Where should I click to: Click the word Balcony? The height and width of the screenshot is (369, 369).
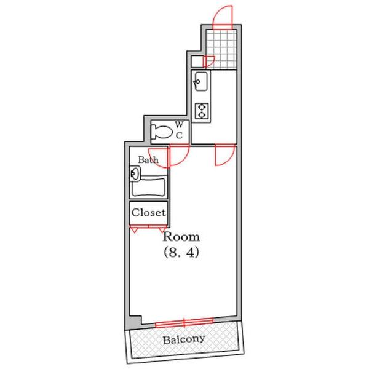(184, 339)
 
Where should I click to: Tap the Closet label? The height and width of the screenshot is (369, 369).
(148, 213)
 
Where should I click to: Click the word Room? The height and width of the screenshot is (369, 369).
(181, 237)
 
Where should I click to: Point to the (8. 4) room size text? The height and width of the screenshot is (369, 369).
(181, 252)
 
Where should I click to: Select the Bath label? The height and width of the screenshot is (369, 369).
(148, 160)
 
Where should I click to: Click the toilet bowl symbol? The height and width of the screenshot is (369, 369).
(162, 130)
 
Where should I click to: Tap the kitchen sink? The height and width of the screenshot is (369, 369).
(200, 80)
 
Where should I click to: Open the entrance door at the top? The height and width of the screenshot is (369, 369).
(222, 15)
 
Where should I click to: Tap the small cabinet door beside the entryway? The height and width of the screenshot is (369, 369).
(208, 61)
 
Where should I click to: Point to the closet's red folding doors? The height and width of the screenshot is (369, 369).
(148, 228)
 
